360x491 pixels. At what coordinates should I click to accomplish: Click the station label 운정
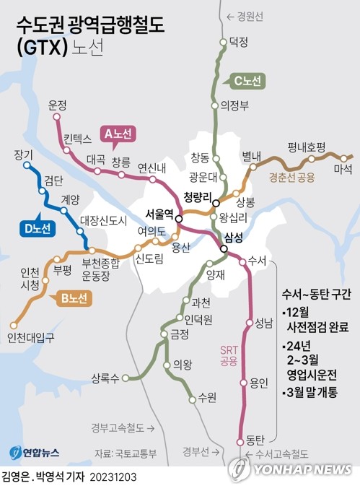pyautogui.click(x=57, y=105)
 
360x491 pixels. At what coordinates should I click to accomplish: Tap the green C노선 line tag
pyautogui.click(x=249, y=82)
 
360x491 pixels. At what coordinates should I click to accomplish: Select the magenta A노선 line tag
pyautogui.click(x=117, y=134)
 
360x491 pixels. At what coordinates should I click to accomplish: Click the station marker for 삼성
pyautogui.click(x=224, y=249)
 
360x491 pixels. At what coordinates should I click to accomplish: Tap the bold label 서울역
pyautogui.click(x=159, y=214)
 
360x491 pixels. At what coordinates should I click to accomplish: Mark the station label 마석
pyautogui.click(x=343, y=170)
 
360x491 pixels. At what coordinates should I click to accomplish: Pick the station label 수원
pyautogui.click(x=207, y=396)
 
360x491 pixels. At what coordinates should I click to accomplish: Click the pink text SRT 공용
pyautogui.click(x=229, y=355)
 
